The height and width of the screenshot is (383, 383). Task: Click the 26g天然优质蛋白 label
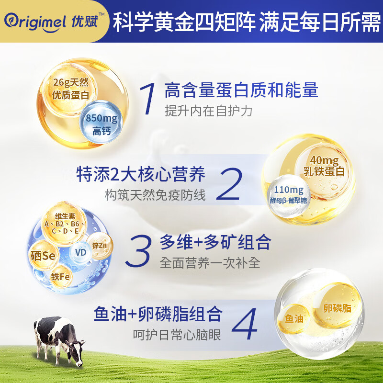point(71,89)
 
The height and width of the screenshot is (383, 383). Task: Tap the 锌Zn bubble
point(101,245)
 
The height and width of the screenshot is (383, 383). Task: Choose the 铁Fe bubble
point(61,277)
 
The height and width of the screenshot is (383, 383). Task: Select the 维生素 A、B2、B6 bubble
point(64,223)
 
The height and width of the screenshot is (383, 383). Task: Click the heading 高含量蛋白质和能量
point(241,90)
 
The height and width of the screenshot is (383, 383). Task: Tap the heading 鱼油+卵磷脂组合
point(158,315)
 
